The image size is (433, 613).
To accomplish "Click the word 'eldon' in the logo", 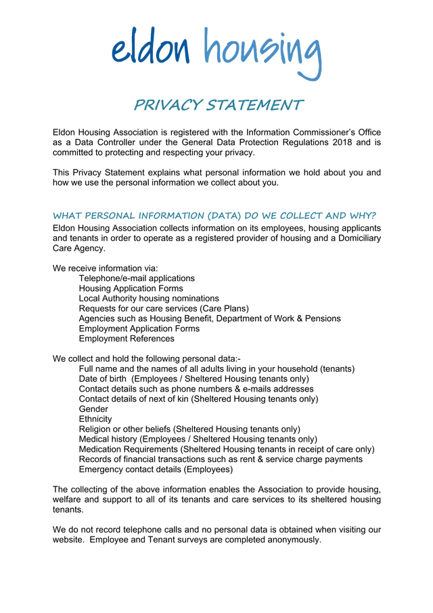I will coord(150,51).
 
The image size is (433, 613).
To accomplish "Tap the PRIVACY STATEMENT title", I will coord(218,106).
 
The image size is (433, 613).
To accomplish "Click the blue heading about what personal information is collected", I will coord(214,216).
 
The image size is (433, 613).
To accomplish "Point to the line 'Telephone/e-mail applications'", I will coord(137,278).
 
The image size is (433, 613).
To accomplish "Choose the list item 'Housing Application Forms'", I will coord(131,289).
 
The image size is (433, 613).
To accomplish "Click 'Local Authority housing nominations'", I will coord(149,299).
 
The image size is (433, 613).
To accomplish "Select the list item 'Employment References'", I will coord(127,339).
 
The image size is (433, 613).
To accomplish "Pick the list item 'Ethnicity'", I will coord(95,419).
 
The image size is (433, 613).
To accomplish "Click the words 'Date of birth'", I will coord(102,379).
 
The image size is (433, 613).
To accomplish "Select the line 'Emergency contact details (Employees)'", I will coord(156,469).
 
